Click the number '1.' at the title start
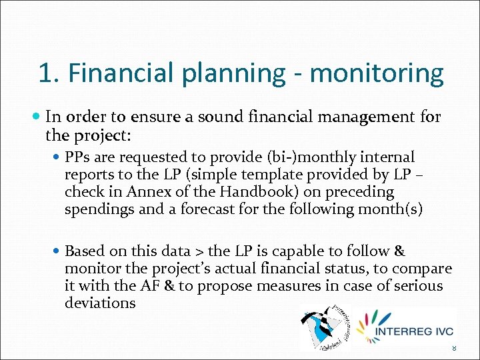pos(50,73)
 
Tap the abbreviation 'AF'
pos(149,286)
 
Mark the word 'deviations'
pos(100,303)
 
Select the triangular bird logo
pos(327,327)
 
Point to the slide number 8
pos(453,348)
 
